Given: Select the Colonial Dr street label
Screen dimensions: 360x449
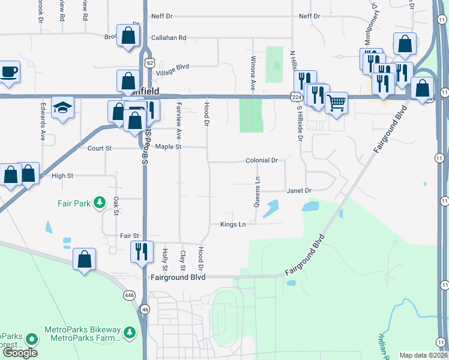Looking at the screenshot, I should point(262,161).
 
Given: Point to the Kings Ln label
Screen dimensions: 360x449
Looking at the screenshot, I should point(234,224).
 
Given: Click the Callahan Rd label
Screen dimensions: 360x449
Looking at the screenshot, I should point(169,37).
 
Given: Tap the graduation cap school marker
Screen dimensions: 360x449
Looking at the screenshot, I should point(62,108).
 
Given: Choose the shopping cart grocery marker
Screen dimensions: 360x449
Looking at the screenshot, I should point(337,103).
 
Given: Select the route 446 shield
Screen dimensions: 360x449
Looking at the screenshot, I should point(129,295).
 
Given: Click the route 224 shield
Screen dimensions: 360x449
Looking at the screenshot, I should point(295,96).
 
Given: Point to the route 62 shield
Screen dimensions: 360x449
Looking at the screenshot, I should point(149,63).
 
